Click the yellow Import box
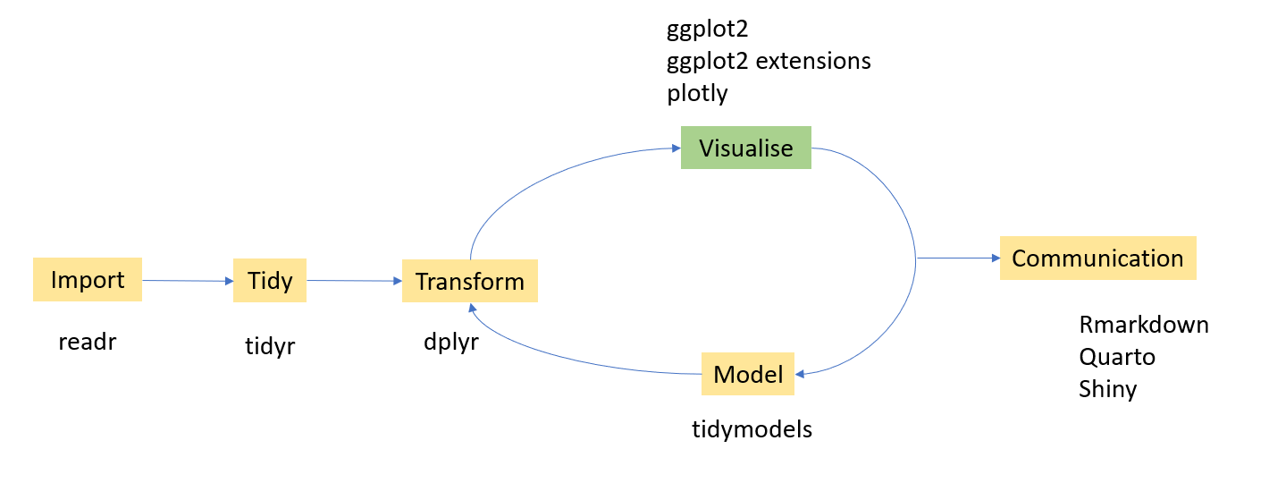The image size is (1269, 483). click(88, 280)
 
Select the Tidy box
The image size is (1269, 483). click(270, 281)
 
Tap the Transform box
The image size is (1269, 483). click(469, 282)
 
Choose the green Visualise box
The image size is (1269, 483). click(746, 148)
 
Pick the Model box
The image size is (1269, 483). click(748, 374)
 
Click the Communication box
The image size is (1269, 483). click(1097, 258)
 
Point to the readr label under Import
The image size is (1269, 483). click(88, 342)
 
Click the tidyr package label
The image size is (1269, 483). click(270, 347)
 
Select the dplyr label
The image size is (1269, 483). click(451, 342)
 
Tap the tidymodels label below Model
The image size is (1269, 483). click(752, 429)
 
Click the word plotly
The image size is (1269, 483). click(697, 93)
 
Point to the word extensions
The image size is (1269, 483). click(819, 61)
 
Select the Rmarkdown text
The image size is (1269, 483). click(1144, 324)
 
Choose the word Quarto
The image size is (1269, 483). click(1117, 357)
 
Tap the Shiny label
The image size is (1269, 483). click(1108, 389)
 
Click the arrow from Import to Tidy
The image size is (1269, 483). click(188, 281)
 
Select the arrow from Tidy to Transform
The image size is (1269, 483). click(354, 281)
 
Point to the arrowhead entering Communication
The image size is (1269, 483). click(994, 258)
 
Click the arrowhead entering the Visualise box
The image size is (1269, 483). click(675, 148)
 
